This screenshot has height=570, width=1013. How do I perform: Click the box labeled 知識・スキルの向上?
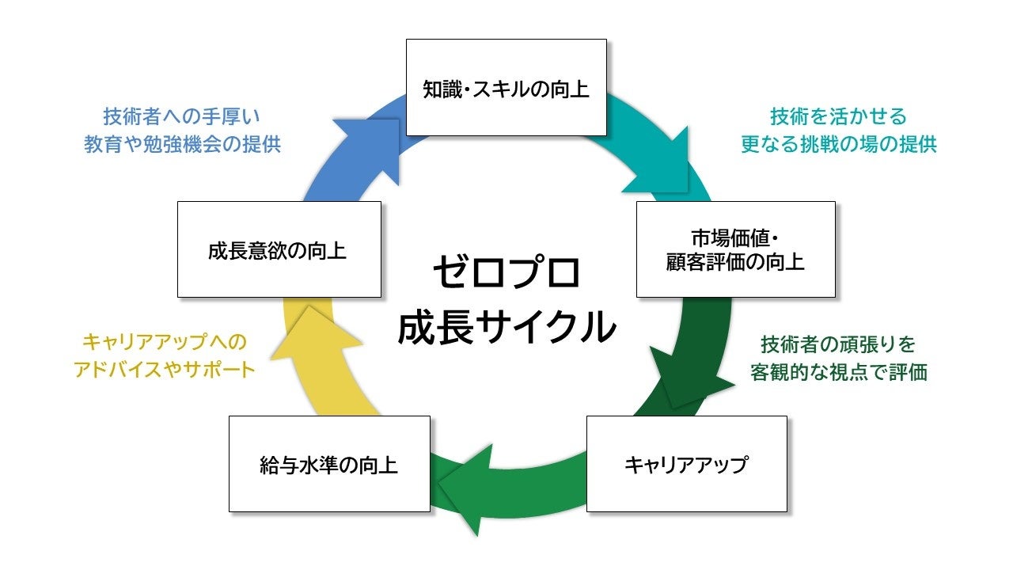pyautogui.click(x=506, y=87)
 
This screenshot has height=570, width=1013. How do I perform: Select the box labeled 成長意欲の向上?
pyautogui.click(x=279, y=249)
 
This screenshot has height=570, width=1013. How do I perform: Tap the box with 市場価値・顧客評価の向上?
pyautogui.click(x=736, y=249)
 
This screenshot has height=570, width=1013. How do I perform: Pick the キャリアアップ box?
pyautogui.click(x=686, y=464)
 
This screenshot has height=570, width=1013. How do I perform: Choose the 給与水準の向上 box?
pyautogui.click(x=329, y=464)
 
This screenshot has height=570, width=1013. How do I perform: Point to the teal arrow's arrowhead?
pyautogui.click(x=660, y=164)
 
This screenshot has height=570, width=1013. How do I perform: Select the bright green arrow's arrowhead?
pyautogui.click(x=466, y=490)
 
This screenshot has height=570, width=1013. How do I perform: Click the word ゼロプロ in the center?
pyautogui.click(x=506, y=272)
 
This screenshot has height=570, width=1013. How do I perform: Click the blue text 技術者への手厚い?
pyautogui.click(x=182, y=116)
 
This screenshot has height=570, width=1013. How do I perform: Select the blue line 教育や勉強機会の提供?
pyautogui.click(x=182, y=144)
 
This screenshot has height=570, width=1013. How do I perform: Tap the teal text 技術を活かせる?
pyautogui.click(x=838, y=116)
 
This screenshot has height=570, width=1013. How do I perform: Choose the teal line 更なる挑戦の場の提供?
pyautogui.click(x=838, y=144)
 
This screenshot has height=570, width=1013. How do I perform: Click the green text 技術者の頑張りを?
pyautogui.click(x=838, y=344)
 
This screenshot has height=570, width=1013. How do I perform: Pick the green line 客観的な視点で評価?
pyautogui.click(x=838, y=372)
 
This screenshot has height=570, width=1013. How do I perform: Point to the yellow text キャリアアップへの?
pyautogui.click(x=165, y=342)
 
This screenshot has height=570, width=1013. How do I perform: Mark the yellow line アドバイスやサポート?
pyautogui.click(x=165, y=370)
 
